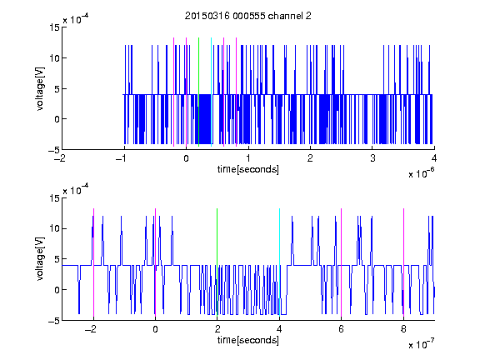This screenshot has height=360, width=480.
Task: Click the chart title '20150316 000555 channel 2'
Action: (248, 16)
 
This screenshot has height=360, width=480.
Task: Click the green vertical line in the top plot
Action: (198, 92)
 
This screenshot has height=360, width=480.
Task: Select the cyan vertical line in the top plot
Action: (211, 92)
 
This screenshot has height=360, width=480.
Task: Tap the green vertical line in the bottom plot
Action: (217, 262)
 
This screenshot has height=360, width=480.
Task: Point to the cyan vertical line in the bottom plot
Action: (279, 262)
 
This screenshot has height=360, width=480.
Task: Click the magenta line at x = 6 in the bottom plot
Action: (342, 262)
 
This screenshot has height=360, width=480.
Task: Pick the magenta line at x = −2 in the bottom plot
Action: (93, 262)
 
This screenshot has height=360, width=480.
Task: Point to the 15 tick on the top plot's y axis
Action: (55, 27)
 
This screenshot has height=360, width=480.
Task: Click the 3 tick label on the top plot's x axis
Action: (372, 158)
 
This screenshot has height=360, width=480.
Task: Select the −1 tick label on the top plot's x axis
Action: (122, 158)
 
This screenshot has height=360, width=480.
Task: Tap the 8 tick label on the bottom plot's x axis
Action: (403, 329)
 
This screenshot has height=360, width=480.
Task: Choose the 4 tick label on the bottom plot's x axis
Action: (279, 329)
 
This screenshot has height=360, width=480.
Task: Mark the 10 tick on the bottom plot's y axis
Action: (55, 228)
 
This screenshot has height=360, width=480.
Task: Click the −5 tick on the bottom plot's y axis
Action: (54, 321)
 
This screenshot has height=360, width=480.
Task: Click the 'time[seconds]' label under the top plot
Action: (248, 169)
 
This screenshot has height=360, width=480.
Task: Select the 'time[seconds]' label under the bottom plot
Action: (248, 340)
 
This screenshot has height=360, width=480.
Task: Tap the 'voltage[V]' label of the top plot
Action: (40, 88)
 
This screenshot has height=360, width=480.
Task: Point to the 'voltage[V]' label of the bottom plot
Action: (40, 258)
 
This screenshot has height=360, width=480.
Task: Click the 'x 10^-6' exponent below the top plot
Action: (422, 173)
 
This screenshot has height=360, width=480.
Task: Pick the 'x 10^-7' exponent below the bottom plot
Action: (422, 344)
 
